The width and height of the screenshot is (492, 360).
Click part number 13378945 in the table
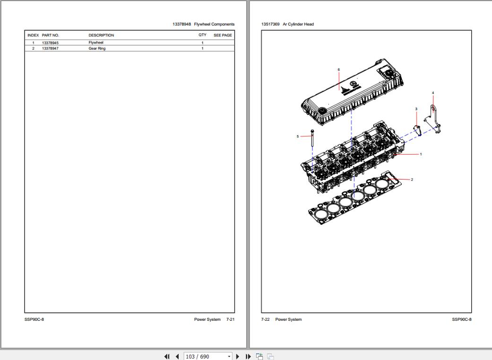(x=50, y=43)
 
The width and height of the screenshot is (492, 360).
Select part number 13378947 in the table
(x=50, y=48)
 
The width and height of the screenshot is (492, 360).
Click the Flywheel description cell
(x=95, y=43)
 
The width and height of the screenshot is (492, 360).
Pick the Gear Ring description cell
(x=97, y=48)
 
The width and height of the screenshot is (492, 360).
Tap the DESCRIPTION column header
(x=101, y=35)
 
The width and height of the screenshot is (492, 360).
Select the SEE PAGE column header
(x=223, y=35)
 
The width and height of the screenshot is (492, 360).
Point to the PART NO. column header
(x=50, y=35)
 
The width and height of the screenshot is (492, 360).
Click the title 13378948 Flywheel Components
(x=204, y=24)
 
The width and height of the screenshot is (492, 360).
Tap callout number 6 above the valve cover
(x=339, y=69)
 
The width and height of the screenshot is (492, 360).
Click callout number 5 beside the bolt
(x=298, y=137)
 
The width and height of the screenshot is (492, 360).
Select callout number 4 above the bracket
(x=433, y=93)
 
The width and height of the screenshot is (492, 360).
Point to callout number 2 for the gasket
(x=412, y=180)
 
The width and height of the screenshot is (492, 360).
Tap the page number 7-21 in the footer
(x=230, y=319)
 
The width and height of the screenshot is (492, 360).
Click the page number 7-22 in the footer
(x=265, y=319)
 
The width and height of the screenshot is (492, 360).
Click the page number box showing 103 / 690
(x=205, y=356)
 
